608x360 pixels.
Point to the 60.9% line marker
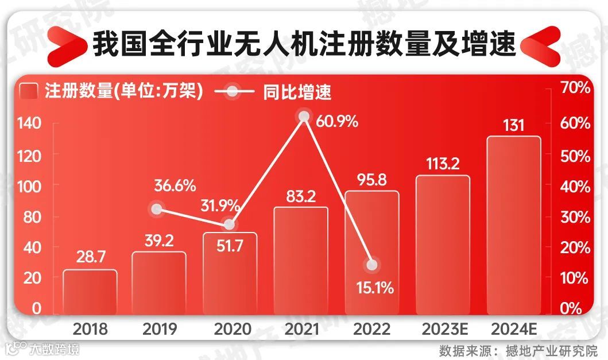click(x=304, y=117)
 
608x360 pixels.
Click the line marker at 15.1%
click(x=372, y=265)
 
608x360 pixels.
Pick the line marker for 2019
click(x=156, y=209)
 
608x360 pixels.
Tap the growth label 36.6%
click(x=175, y=186)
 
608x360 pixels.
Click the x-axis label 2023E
click(x=443, y=329)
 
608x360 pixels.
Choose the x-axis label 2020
click(x=231, y=329)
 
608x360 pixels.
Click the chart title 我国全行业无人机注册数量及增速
click(x=304, y=45)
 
